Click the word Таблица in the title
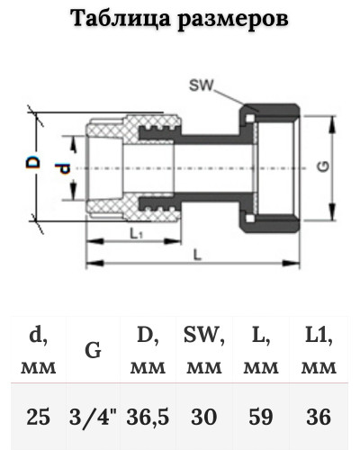point(121,19)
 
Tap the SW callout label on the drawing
point(202,85)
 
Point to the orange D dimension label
point(32,162)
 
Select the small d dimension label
point(64,168)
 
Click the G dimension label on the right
point(323,166)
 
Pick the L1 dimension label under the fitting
point(137,234)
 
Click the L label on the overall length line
point(197,255)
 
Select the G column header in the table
point(93,350)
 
